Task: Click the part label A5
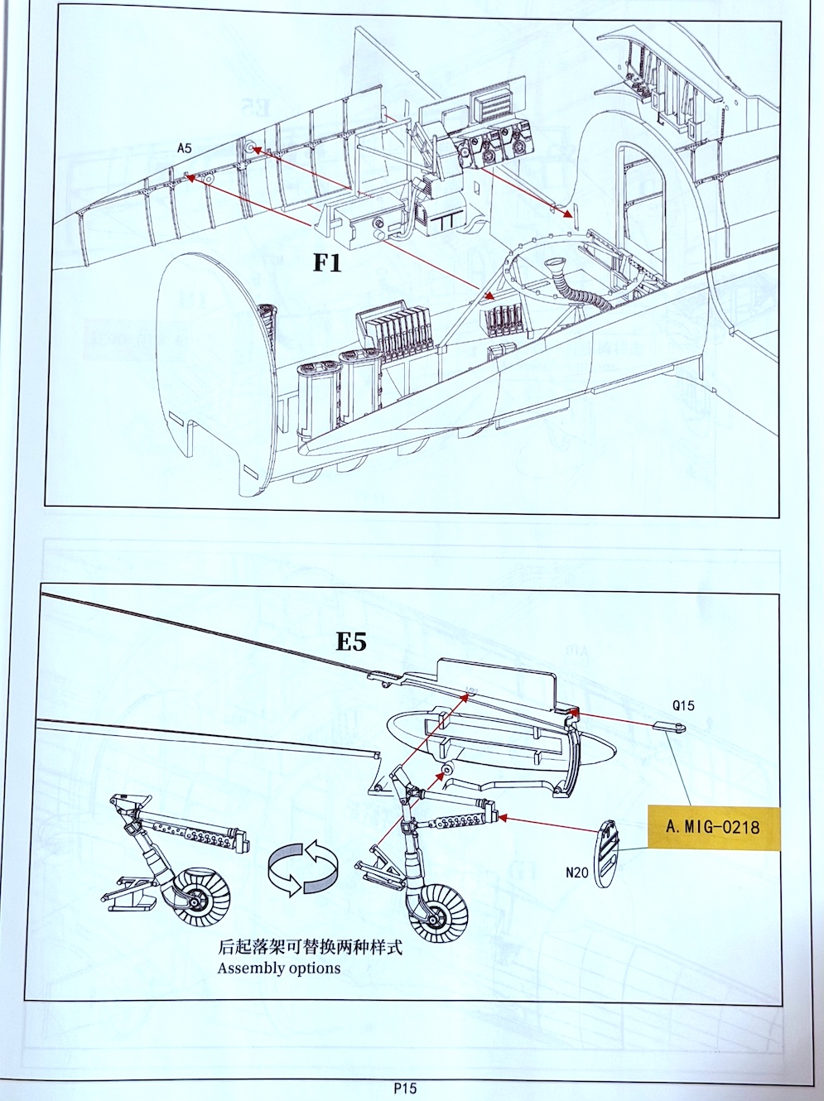coord(184,148)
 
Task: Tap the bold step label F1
coord(327,263)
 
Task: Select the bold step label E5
coord(351,642)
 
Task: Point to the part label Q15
coord(683,706)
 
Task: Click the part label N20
coord(577,873)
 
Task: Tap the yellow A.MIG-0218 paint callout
coord(714,827)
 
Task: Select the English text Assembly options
coord(279,968)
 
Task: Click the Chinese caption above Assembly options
coord(310,947)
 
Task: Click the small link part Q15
coord(670,728)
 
